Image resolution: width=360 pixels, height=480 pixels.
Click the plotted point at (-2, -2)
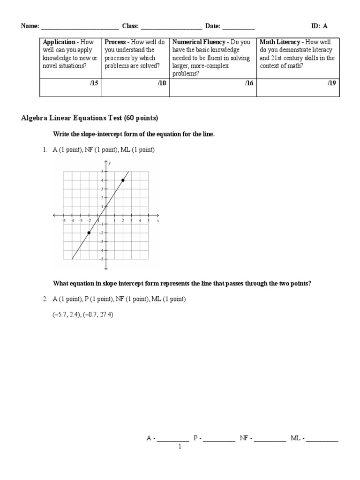pyautogui.click(x=89, y=232)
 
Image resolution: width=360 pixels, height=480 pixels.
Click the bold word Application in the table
pyautogui.click(x=59, y=42)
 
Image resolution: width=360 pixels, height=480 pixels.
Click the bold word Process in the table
pyautogui.click(x=115, y=42)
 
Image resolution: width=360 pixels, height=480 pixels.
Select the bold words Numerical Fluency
pyautogui.click(x=199, y=42)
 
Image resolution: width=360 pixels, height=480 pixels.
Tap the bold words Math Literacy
pyautogui.click(x=279, y=42)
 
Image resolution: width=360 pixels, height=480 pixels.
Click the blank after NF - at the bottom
pyautogui.click(x=270, y=439)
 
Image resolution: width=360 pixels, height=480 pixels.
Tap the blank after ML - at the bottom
pyautogui.click(x=322, y=439)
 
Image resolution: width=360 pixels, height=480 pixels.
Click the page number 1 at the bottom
pyautogui.click(x=180, y=447)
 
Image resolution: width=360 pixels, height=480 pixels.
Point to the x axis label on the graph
pyautogui.click(x=158, y=219)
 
